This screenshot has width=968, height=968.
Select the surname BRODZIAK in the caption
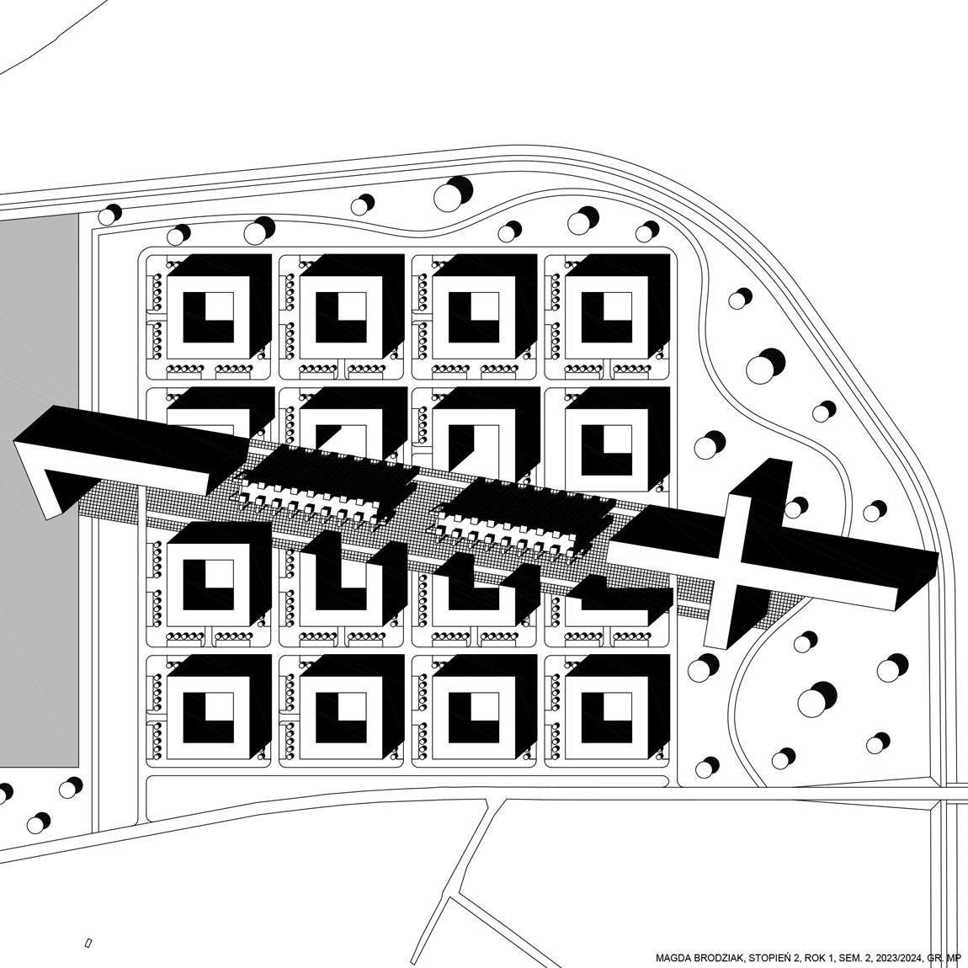(715, 958)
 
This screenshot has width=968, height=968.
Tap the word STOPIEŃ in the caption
(767, 958)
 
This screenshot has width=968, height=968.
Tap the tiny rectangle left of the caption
(88, 944)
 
